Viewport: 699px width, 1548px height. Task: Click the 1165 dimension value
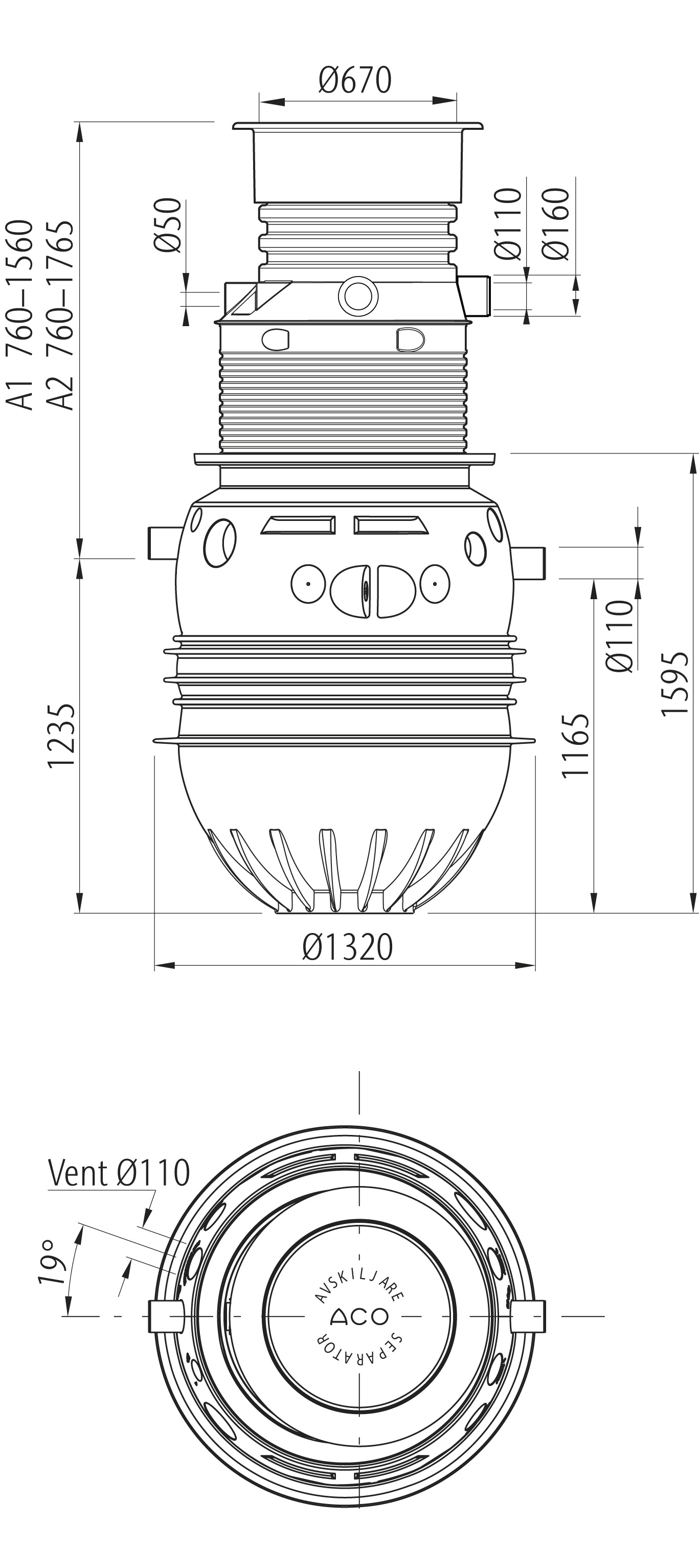coord(575,746)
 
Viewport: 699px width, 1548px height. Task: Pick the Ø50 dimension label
coord(168,225)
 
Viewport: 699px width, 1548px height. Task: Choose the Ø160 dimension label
coord(555,223)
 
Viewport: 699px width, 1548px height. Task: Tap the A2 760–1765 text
coord(62,315)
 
